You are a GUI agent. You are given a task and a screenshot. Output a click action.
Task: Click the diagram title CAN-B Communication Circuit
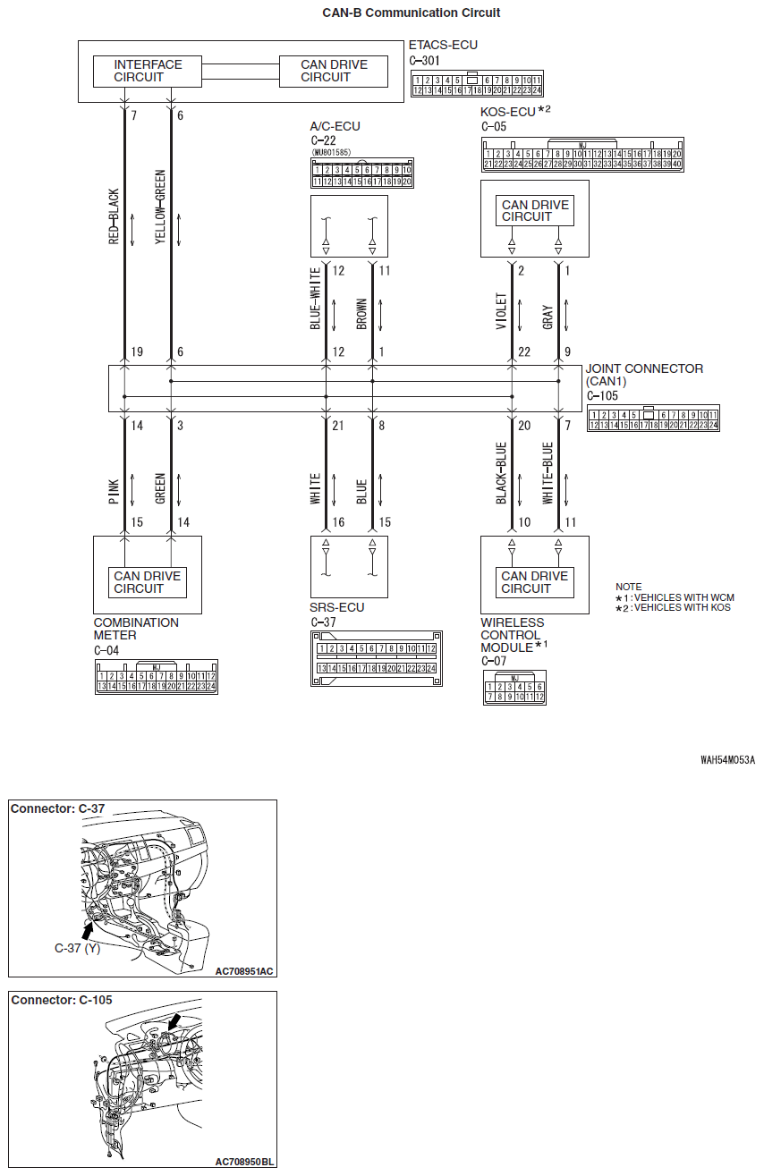click(412, 13)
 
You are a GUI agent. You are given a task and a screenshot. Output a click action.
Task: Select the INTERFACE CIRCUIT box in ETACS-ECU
click(148, 71)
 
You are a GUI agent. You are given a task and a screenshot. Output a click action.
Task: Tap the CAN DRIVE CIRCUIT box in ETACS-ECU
click(334, 71)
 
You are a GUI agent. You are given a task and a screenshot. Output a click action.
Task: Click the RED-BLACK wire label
click(114, 217)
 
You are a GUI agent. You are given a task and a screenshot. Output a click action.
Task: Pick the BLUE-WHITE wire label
click(316, 299)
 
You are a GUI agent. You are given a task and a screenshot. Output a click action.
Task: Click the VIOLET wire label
click(501, 311)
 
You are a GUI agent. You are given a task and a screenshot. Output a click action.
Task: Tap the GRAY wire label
click(548, 317)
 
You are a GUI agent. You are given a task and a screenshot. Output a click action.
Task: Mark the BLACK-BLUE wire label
click(501, 474)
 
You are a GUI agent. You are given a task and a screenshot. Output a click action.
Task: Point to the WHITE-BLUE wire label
click(548, 474)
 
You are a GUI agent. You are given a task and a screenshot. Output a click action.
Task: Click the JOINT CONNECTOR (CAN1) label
click(644, 375)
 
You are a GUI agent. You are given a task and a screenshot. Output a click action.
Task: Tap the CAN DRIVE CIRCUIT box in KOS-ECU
click(534, 211)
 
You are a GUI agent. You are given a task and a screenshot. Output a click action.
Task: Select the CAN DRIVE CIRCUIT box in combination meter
click(147, 582)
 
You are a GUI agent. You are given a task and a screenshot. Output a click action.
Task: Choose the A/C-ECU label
click(335, 127)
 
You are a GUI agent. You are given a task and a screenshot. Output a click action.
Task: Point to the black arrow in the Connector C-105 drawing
click(174, 1021)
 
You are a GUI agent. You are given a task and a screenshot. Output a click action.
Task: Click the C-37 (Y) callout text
click(77, 947)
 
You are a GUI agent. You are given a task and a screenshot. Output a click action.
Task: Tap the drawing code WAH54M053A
click(727, 760)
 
